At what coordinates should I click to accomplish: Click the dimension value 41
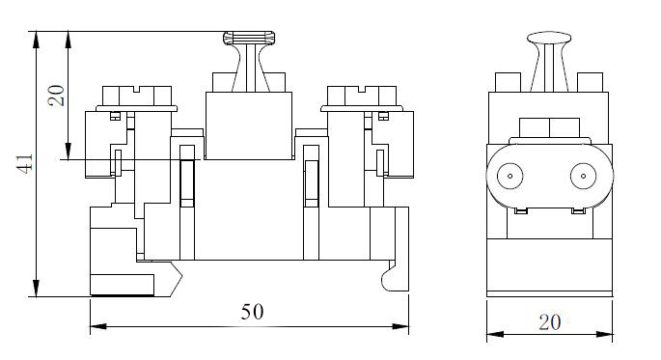26,163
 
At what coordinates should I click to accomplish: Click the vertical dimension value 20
56,96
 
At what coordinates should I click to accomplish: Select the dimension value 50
253,312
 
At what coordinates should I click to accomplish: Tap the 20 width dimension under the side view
550,322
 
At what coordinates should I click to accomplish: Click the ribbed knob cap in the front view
249,38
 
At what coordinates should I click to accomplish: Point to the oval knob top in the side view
549,38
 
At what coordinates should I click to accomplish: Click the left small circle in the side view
510,176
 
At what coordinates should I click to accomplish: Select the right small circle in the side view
584,176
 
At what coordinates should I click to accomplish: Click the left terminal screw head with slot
137,97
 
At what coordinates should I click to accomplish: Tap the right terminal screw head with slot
362,97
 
